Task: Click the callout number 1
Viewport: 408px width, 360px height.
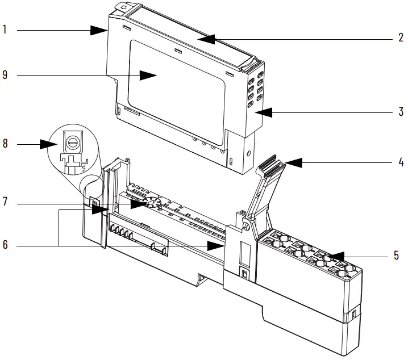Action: click(5, 30)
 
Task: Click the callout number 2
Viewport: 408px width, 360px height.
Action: click(401, 40)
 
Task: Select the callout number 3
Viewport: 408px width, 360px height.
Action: click(401, 112)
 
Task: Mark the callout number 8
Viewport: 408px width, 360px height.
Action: click(5, 144)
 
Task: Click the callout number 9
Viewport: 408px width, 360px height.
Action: click(5, 75)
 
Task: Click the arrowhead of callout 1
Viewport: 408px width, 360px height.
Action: click(103, 30)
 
